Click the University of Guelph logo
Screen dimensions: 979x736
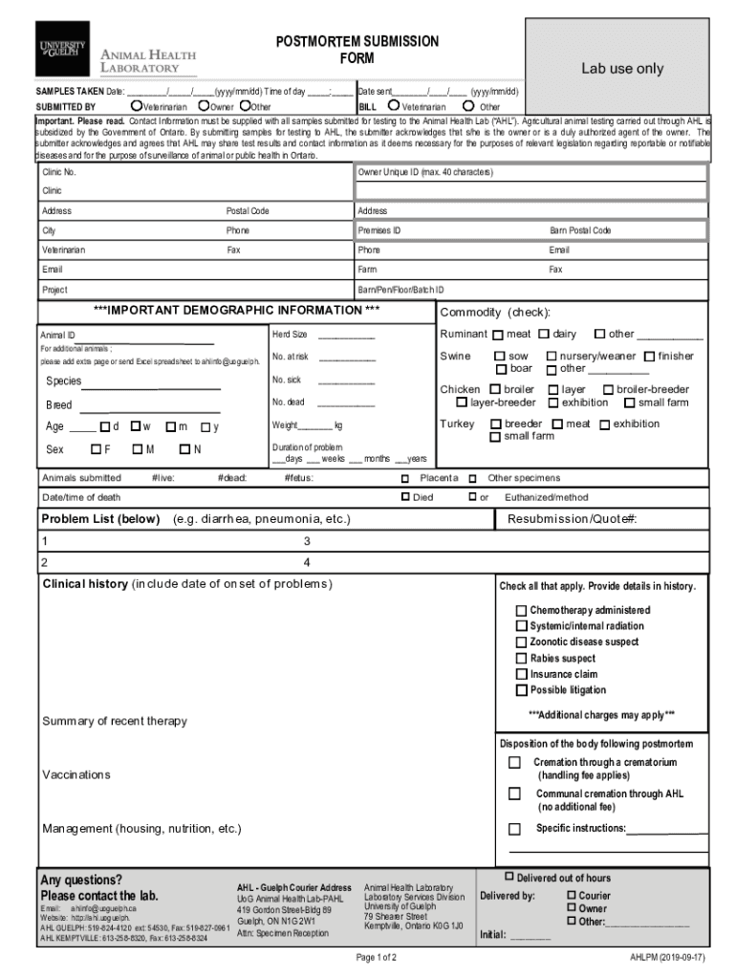click(x=62, y=49)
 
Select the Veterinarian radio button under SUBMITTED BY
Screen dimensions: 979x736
click(x=138, y=106)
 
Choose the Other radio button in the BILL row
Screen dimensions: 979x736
click(x=468, y=106)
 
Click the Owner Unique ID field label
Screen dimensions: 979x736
click(x=425, y=173)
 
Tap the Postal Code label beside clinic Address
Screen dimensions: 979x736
click(x=247, y=211)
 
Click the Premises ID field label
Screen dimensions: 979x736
click(x=379, y=230)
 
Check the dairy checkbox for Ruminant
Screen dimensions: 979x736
click(x=544, y=335)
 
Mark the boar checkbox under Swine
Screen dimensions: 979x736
click(x=500, y=368)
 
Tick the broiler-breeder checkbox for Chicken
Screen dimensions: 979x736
click(x=608, y=390)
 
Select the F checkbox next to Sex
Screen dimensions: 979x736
click(x=96, y=449)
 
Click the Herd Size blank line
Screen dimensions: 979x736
click(x=346, y=336)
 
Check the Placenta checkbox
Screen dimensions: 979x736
click(x=405, y=478)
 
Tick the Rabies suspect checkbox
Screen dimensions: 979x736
click(x=521, y=659)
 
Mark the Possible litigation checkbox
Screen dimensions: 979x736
click(x=521, y=690)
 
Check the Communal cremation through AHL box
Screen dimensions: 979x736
click(x=514, y=794)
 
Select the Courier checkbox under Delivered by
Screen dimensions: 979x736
click(x=572, y=896)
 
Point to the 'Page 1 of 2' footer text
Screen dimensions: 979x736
click(x=376, y=957)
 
